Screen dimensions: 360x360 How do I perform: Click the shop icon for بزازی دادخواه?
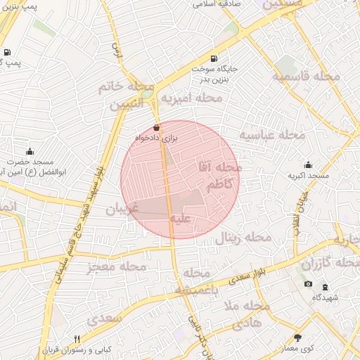pyautogui.click(x=155, y=128)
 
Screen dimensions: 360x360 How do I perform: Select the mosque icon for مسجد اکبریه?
pyautogui.click(x=307, y=165)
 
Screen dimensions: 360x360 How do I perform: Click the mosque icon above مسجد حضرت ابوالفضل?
pyautogui.click(x=30, y=151)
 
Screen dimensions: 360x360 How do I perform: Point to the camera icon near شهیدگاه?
pyautogui.click(x=308, y=284)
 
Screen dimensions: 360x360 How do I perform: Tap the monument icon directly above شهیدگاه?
pyautogui.click(x=325, y=287)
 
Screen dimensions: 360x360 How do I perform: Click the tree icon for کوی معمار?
pyautogui.click(x=297, y=338)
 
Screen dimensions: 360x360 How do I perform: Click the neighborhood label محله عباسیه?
pyautogui.click(x=272, y=134)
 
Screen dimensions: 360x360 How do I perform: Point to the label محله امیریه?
pyautogui.click(x=191, y=98)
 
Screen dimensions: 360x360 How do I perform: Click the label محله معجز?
pyautogui.click(x=116, y=266)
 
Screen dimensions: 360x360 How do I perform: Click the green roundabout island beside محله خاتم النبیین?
pyautogui.click(x=146, y=91)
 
